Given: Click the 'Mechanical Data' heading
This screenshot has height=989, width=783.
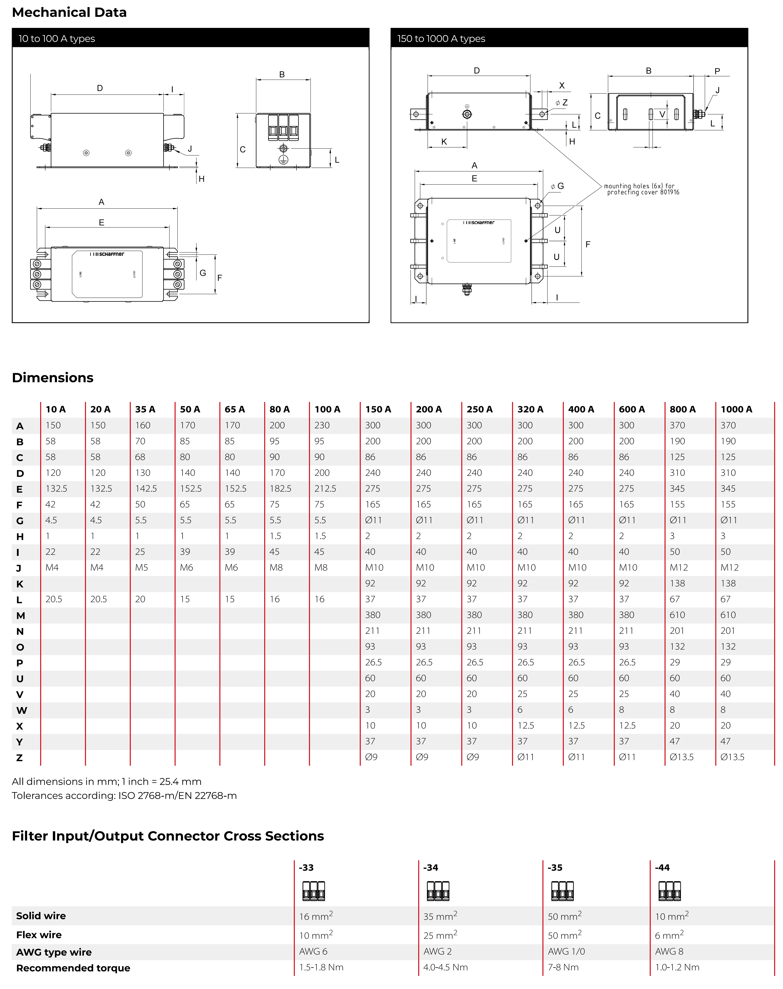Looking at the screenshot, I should click(69, 12).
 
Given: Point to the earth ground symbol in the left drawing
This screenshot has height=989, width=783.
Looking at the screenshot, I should click(283, 159).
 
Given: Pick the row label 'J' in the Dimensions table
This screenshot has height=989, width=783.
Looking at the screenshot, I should click(19, 568).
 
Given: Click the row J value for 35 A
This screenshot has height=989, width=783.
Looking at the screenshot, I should click(142, 568).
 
